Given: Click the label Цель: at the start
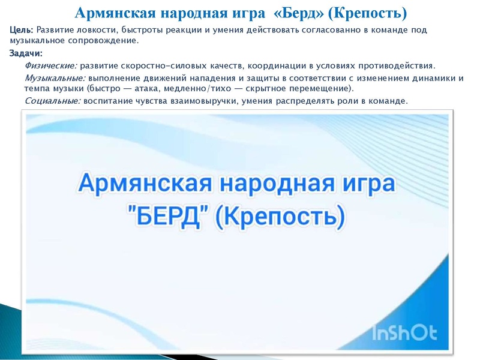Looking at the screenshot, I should [x=22, y=30].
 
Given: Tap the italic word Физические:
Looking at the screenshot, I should [x=51, y=65].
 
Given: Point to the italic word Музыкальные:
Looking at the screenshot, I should [x=55, y=78].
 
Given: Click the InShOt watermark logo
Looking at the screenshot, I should [x=404, y=332].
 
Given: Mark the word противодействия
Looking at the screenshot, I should [x=398, y=65].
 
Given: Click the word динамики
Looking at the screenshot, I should [x=434, y=78].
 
